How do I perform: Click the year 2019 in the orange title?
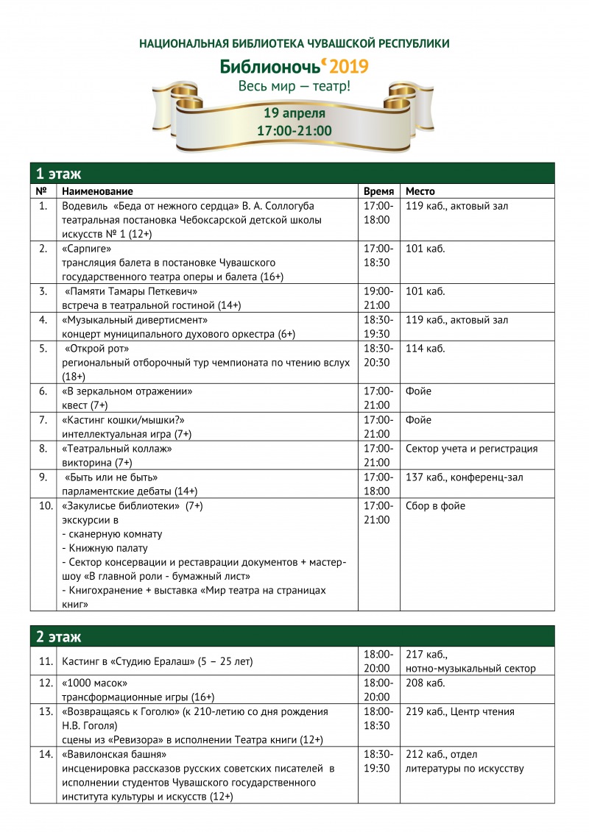point(348,67)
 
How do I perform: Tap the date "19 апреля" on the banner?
point(294,113)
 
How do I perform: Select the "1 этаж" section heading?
point(59,174)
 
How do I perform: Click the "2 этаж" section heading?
point(59,636)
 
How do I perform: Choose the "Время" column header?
point(378,191)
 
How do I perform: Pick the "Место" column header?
point(420,191)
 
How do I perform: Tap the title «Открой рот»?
point(97,349)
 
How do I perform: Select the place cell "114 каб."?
point(426,349)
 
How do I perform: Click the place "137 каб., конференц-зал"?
point(465,477)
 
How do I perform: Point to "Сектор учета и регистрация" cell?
point(471,449)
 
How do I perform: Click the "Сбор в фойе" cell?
point(435,506)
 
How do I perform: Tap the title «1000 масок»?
point(95,683)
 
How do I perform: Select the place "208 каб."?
point(426,683)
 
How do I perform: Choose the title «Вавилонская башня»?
point(114,755)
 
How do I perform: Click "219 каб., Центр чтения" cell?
point(460,712)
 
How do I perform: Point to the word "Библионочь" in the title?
point(271,67)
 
